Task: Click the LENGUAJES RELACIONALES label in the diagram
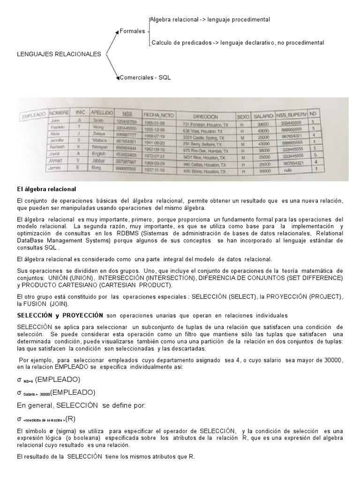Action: (59, 54)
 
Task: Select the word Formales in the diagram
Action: (133, 31)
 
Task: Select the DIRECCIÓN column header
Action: (205, 115)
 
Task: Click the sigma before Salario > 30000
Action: (19, 392)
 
